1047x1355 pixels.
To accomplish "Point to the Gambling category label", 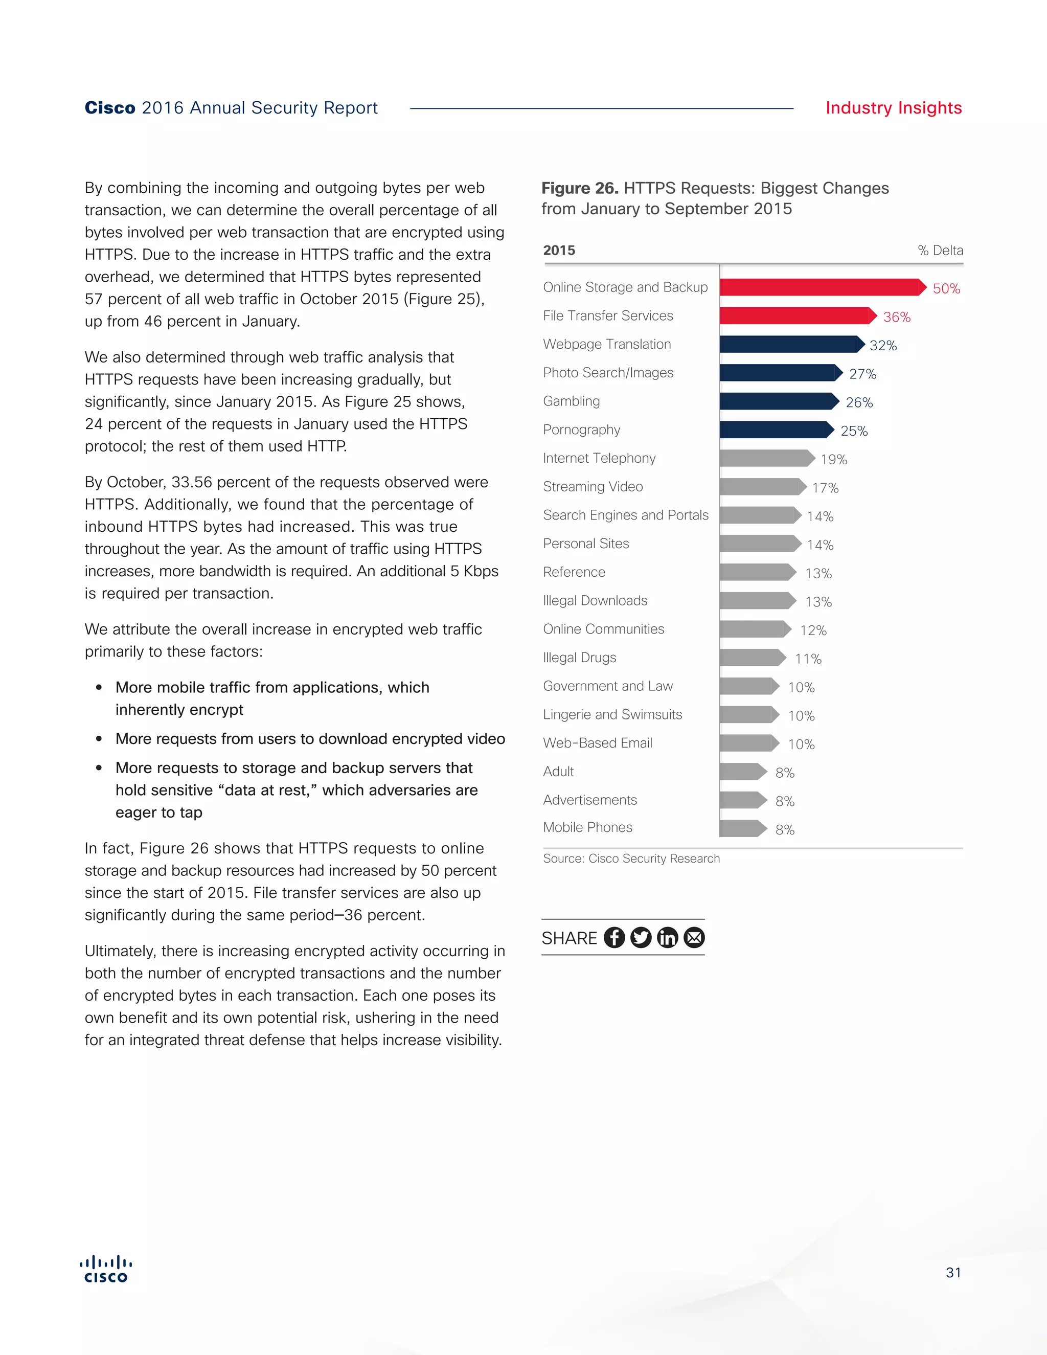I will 571,401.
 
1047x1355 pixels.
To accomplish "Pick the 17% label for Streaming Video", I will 825,488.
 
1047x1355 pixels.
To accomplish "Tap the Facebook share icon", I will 614,937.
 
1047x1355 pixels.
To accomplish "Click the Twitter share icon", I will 641,937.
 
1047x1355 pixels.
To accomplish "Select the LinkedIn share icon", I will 667,937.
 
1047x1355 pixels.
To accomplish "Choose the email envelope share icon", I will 694,937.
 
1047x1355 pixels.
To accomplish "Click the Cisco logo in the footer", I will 106,1269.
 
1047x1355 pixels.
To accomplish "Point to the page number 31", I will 953,1273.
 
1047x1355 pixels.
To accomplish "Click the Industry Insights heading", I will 893,108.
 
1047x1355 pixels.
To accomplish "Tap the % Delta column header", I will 940,251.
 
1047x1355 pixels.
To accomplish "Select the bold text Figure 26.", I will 579,188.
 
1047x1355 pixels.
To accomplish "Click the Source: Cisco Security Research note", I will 631,859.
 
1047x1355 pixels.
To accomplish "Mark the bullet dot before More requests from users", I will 99,739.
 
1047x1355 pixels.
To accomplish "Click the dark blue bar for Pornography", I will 776,430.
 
